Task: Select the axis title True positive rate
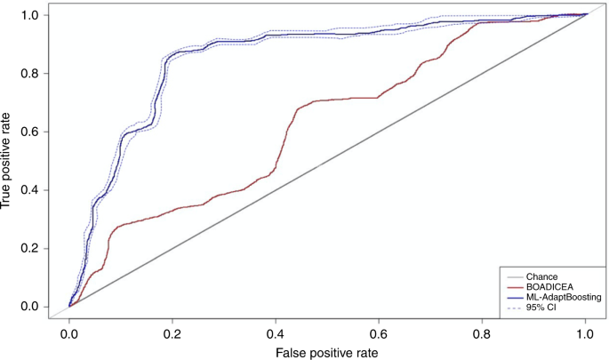tap(8, 161)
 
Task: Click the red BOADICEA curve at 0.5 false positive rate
tap(327, 100)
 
